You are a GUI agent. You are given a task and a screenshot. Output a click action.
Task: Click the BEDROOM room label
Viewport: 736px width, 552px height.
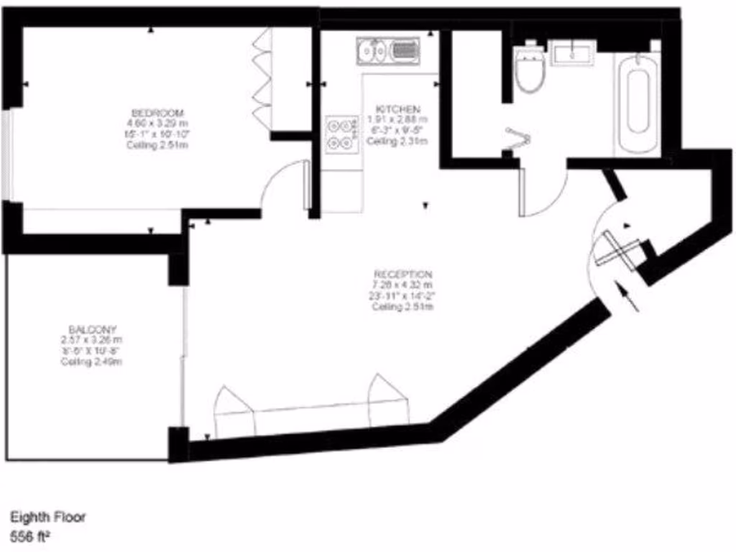tap(157, 113)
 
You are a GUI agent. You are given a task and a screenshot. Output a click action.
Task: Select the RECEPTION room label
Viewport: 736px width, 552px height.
tap(402, 275)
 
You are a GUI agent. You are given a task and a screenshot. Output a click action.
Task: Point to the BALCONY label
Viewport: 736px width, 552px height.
tap(89, 329)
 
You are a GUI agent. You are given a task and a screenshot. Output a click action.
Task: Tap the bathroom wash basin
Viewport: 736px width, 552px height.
tap(572, 52)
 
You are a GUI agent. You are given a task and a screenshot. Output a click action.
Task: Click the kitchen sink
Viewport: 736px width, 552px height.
tap(387, 50)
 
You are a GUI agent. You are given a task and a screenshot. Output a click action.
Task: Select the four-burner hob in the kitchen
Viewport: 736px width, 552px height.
tap(341, 134)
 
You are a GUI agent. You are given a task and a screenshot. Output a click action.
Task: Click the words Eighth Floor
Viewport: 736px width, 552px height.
tap(47, 517)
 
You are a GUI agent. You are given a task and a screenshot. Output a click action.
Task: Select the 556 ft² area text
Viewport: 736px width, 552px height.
tap(33, 535)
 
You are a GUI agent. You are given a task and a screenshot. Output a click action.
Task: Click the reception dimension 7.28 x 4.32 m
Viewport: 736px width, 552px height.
tap(402, 285)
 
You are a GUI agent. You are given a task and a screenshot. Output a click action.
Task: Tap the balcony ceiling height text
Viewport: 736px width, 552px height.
tap(91, 362)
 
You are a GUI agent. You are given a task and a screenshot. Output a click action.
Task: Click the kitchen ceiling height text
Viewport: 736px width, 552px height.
tap(397, 142)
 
